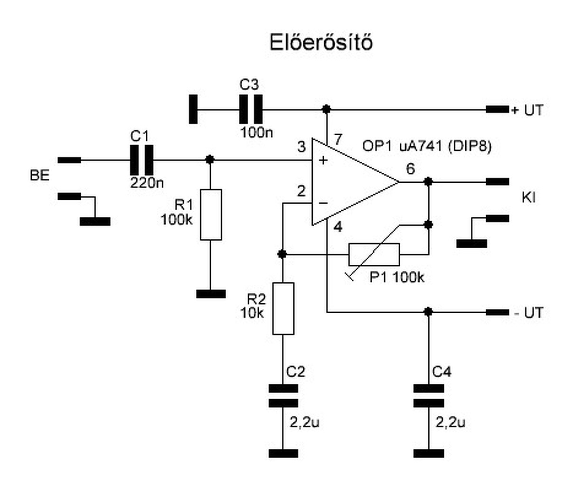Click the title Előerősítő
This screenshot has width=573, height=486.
(321, 42)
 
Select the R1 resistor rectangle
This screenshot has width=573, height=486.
(211, 215)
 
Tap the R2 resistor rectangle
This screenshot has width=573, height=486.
(283, 308)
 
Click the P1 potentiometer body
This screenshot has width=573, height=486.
(374, 255)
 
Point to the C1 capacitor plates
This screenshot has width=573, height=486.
(141, 160)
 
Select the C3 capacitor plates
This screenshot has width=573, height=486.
(251, 109)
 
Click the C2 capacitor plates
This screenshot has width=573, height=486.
(283, 396)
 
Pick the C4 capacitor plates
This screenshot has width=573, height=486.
(429, 396)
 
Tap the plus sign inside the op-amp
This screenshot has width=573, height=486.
(323, 160)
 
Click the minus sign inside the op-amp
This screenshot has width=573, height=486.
(323, 204)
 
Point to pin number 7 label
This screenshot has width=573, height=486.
(338, 140)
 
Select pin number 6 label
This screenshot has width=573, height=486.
(411, 169)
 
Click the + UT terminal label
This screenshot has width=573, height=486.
(527, 110)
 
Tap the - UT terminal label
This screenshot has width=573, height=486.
(528, 313)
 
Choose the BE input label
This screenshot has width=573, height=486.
(40, 176)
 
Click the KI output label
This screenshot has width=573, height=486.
(528, 198)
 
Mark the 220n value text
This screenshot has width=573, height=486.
(147, 183)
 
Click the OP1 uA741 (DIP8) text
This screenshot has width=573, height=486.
(427, 146)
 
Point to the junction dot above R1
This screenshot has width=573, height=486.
(210, 159)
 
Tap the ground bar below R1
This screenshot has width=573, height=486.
(211, 294)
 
